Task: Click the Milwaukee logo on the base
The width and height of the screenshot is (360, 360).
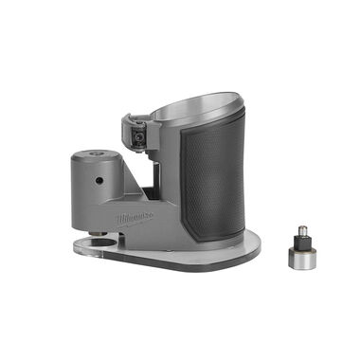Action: click(135, 219)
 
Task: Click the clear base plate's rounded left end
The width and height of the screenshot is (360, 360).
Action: click(82, 247)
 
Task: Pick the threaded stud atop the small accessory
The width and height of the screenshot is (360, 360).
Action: click(300, 230)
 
